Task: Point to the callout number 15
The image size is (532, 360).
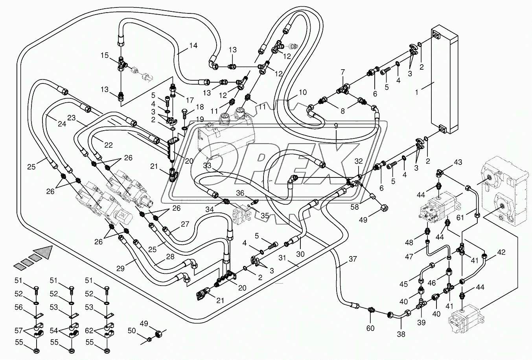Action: click(104, 55)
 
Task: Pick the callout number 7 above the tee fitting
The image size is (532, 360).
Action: click(342, 72)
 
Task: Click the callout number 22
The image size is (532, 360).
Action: click(109, 145)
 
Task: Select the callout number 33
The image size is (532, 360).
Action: click(207, 166)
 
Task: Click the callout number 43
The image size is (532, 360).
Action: click(458, 162)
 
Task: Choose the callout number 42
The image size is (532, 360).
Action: click(501, 253)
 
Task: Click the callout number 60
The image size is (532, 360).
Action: click(370, 328)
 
